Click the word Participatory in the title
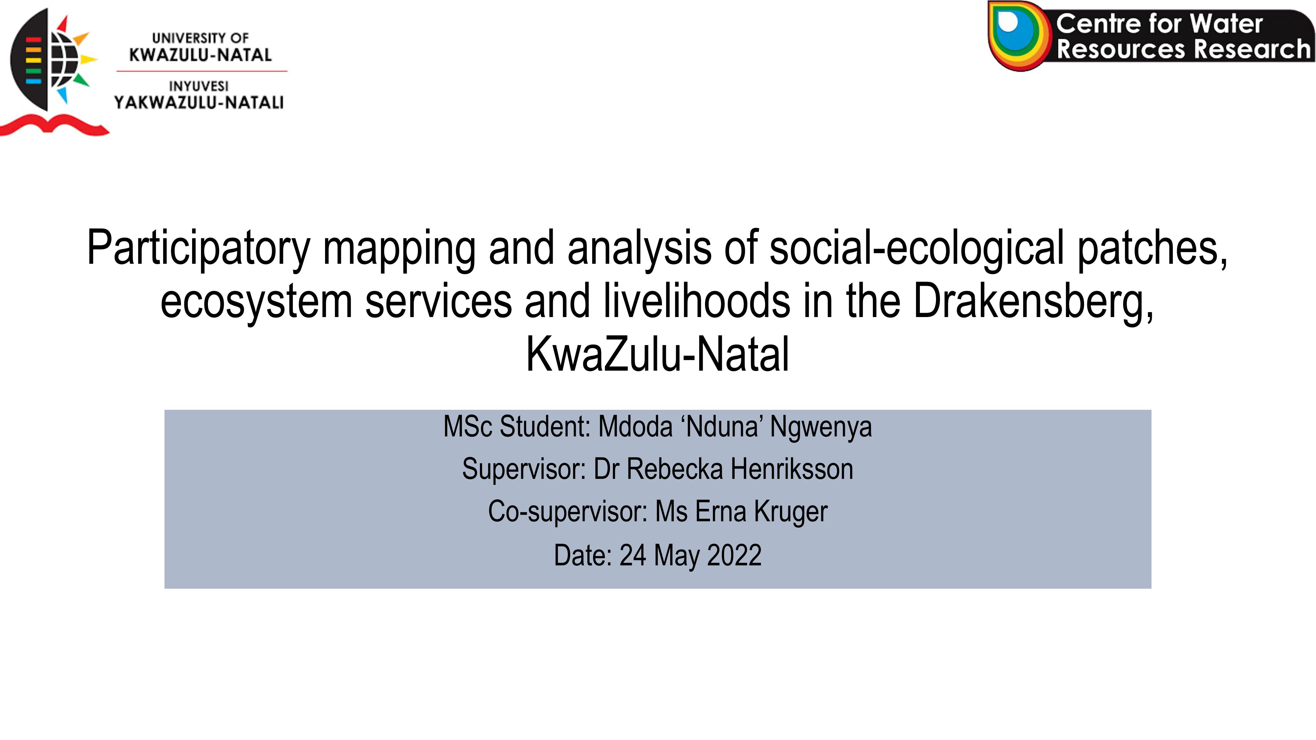click(x=199, y=248)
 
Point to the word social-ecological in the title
click(x=917, y=248)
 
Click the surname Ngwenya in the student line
click(x=821, y=427)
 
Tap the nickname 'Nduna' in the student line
click(x=722, y=427)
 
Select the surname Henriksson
click(x=792, y=469)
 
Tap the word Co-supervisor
click(x=568, y=512)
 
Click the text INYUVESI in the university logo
click(x=199, y=86)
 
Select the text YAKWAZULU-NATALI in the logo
click(x=199, y=103)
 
